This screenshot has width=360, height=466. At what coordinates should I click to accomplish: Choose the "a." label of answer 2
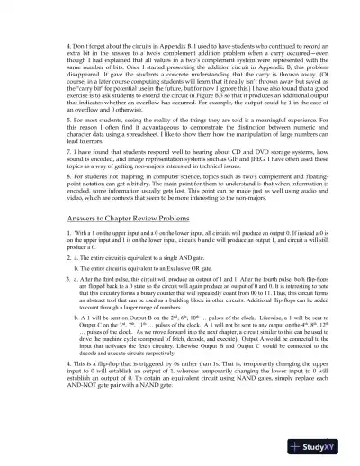[x=58, y=258]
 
